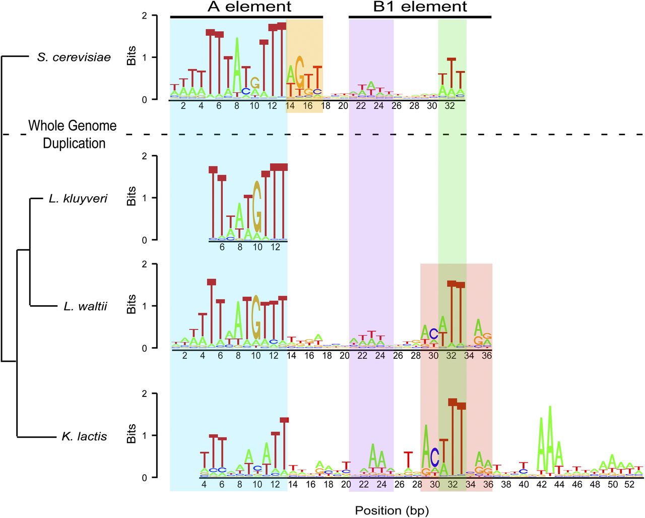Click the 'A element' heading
point(249,7)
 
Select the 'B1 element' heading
point(420,7)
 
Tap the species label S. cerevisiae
point(74,57)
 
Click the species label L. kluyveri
point(78,199)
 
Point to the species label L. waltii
point(85,306)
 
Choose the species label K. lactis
point(84,436)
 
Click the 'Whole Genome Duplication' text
point(73,134)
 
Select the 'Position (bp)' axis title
point(392,510)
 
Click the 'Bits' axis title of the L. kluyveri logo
point(132,196)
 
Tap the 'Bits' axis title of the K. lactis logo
point(132,434)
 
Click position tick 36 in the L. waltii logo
point(487,356)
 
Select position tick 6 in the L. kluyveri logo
point(222,248)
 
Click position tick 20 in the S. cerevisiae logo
point(343,106)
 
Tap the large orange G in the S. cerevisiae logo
point(299,72)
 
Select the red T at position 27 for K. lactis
point(408,459)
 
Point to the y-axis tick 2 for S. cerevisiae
point(145,16)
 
